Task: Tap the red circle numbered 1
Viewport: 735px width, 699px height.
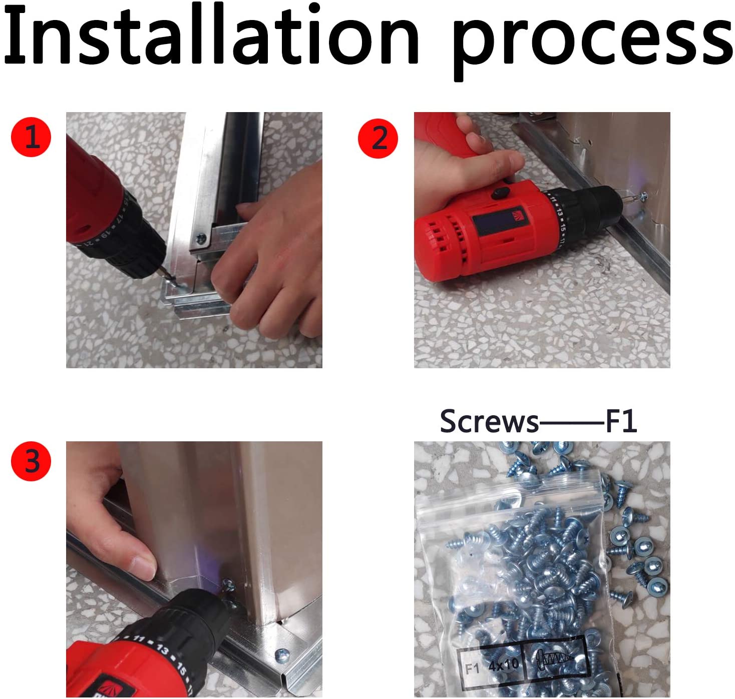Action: click(x=31, y=137)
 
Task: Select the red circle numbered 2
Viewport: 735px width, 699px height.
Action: click(x=378, y=139)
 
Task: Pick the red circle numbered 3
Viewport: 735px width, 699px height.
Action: click(x=31, y=461)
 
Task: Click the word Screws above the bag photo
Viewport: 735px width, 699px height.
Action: click(x=489, y=421)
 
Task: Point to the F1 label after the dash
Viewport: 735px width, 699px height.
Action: click(x=621, y=421)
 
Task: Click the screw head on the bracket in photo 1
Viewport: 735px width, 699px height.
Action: click(x=201, y=238)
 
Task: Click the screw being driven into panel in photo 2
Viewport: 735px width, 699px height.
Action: click(x=643, y=196)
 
